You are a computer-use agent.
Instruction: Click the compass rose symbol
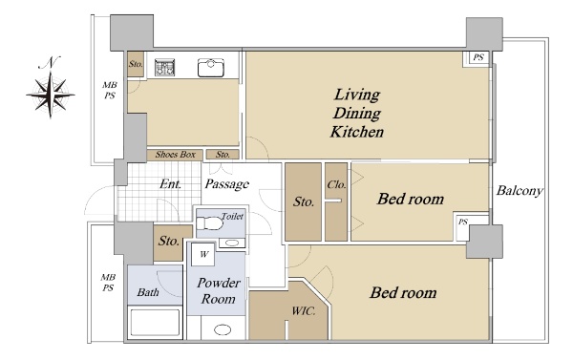[x=51, y=95]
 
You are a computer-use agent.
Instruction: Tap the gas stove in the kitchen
[x=164, y=68]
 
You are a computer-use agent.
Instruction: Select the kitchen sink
[x=211, y=68]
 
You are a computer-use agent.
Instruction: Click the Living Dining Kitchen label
[x=357, y=114]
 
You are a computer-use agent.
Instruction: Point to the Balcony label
[x=520, y=190]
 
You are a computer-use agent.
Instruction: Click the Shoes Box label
[x=176, y=155]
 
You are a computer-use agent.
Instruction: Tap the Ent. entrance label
[x=170, y=183]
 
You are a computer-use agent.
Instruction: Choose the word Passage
[x=227, y=184]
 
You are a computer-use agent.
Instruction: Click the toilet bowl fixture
[x=210, y=222]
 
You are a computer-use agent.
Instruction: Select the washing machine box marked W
[x=203, y=254]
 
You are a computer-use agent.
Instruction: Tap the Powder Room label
[x=219, y=291]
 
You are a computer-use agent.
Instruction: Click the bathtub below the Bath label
[x=155, y=323]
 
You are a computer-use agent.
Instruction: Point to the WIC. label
[x=304, y=311]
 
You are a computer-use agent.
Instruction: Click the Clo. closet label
[x=336, y=184]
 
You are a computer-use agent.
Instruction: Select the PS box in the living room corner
[x=477, y=58]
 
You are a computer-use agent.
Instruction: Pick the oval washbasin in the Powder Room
[x=223, y=329]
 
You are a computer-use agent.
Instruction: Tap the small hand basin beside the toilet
[x=232, y=244]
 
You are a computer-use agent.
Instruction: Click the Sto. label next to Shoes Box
[x=223, y=155]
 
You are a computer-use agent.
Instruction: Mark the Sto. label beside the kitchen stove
[x=136, y=64]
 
